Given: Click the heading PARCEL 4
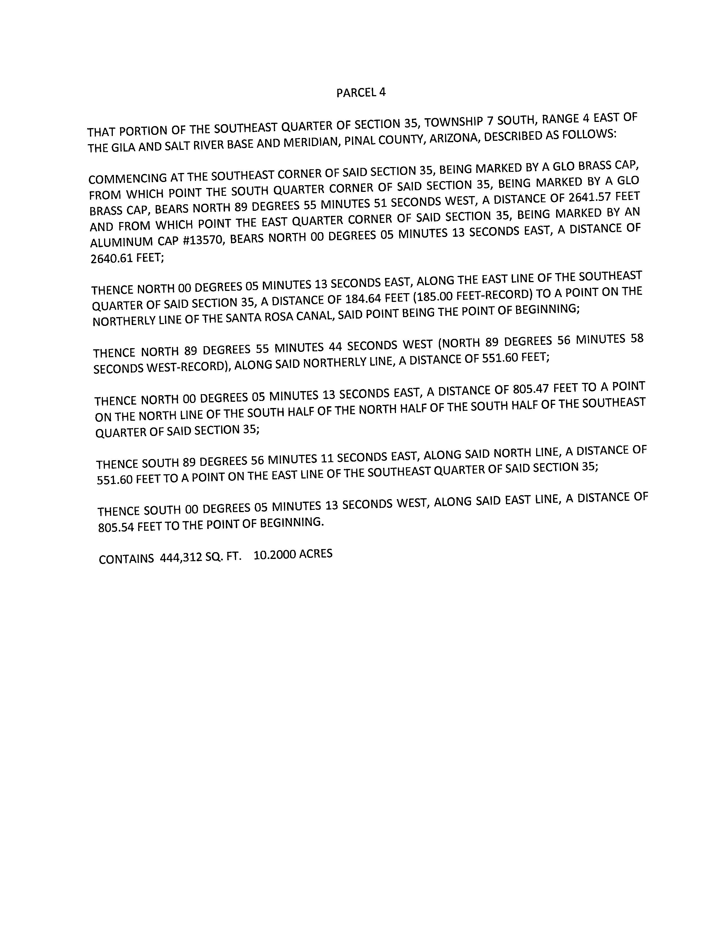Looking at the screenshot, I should tap(361, 93).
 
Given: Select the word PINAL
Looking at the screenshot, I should tap(360, 141).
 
